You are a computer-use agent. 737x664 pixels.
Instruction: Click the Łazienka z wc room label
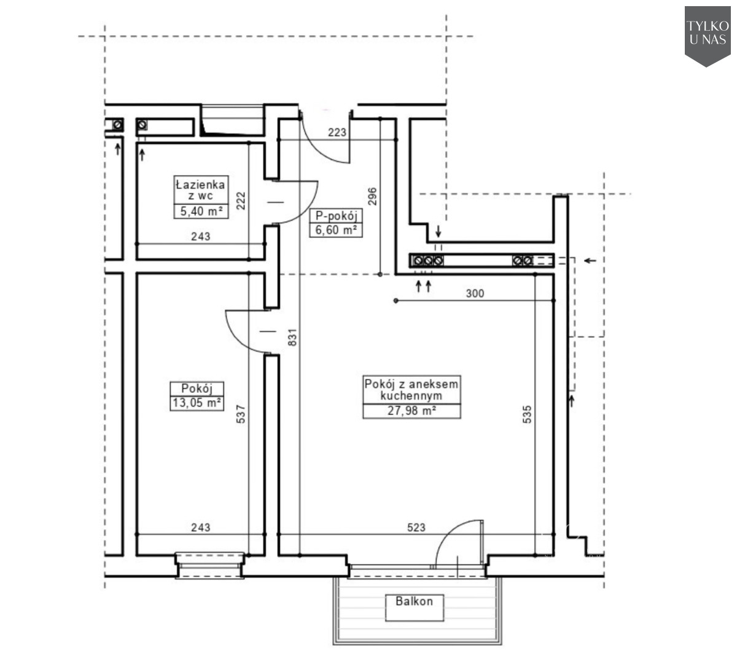pos(200,190)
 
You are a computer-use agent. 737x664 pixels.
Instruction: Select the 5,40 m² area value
pos(201,211)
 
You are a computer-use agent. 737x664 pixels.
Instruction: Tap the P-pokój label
pos(336,216)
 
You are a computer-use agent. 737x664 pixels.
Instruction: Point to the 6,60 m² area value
pos(336,230)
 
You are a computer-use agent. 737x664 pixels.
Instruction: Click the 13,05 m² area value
pos(197,403)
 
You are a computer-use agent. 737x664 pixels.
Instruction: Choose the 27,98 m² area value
pos(411,411)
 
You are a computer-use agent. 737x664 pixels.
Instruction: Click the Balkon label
pos(414,601)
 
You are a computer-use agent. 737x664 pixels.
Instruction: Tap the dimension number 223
pos(337,132)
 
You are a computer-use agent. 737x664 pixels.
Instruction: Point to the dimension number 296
pos(372,197)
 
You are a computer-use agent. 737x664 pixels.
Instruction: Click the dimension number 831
pos(292,337)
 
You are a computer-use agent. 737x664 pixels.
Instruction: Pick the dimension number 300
pos(475,293)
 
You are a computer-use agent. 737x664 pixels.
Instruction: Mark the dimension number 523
pos(416,528)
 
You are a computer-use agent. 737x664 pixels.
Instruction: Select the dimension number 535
pos(527,414)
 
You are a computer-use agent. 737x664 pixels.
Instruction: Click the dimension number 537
pos(240,414)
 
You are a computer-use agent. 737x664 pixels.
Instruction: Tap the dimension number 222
pos(240,200)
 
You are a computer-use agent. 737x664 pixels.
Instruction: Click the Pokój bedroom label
pos(197,388)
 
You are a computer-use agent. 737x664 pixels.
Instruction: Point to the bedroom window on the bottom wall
pos(210,566)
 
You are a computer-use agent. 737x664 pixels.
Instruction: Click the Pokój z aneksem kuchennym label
pos(411,390)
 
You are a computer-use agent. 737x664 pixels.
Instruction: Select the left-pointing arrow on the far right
pos(590,261)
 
